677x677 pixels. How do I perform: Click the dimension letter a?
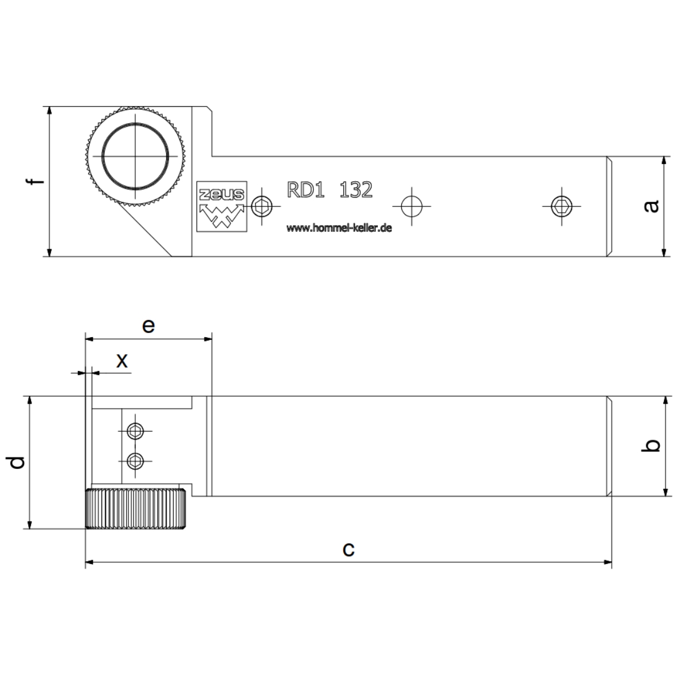click(x=652, y=206)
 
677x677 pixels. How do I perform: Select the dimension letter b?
click(x=652, y=445)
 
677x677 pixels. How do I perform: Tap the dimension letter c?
click(x=348, y=549)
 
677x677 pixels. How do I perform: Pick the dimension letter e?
click(x=148, y=326)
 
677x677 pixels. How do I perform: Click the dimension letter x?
click(x=122, y=361)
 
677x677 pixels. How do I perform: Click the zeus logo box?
click(x=222, y=207)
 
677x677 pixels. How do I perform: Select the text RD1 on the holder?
click(x=306, y=190)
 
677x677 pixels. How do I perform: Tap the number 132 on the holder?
click(x=356, y=190)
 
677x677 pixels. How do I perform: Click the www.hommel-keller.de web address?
click(x=339, y=228)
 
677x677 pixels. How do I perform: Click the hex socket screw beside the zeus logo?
click(x=262, y=206)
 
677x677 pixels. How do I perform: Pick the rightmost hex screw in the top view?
click(x=562, y=206)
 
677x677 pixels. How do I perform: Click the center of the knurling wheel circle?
click(x=136, y=155)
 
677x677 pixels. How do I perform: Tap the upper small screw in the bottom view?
click(x=135, y=431)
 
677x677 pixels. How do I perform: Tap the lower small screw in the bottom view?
click(x=135, y=459)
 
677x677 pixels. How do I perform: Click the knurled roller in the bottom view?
click(x=135, y=508)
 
